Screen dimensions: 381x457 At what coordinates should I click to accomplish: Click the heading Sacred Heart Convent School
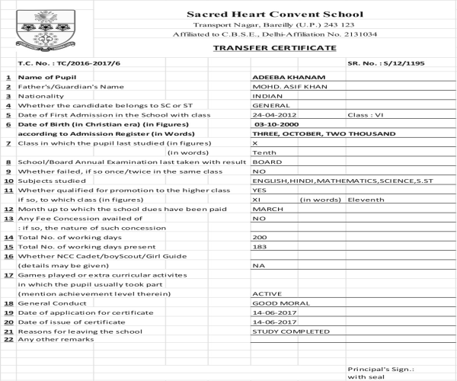[x=275, y=14]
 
